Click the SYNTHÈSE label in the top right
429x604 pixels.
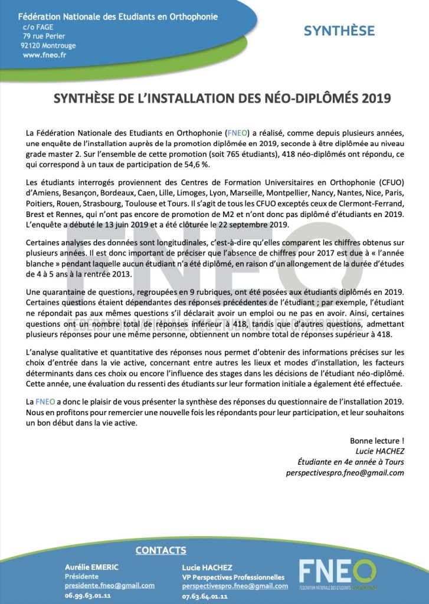point(339,31)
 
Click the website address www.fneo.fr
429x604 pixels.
point(44,55)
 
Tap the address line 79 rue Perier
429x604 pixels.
point(44,36)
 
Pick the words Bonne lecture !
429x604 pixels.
point(377,441)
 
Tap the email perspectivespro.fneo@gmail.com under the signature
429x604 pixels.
point(345,472)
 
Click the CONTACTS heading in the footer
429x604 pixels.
point(161,550)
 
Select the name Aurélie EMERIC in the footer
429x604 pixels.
point(91,567)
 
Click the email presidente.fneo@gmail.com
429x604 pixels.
point(110,586)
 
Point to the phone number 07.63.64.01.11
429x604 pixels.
point(205,596)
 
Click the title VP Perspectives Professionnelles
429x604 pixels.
point(233,577)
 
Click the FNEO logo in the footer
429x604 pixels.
point(337,575)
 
